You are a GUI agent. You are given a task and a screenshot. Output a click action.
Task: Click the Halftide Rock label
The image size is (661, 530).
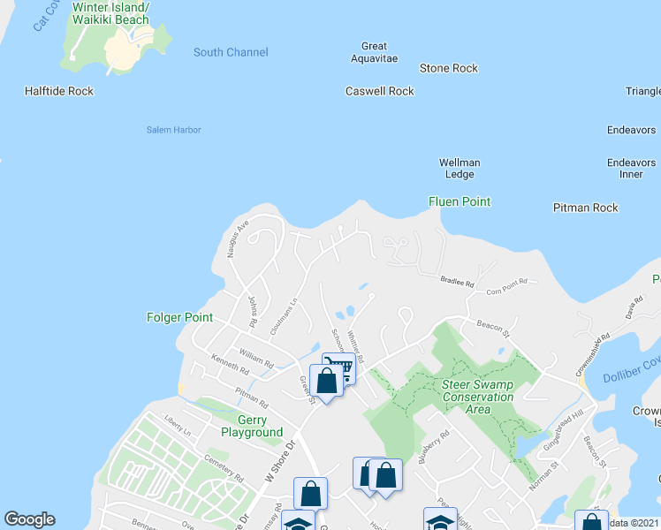[x=59, y=91]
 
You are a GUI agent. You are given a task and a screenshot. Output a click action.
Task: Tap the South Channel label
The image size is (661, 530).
[x=231, y=52]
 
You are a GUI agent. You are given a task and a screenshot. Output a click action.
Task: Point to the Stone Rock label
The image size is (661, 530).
[x=449, y=68]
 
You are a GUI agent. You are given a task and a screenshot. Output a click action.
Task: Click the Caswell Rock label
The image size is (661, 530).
[x=380, y=91]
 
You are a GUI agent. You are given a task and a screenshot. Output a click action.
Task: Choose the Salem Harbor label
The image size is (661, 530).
[x=173, y=130]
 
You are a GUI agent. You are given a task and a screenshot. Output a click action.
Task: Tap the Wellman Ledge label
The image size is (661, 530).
[x=460, y=169]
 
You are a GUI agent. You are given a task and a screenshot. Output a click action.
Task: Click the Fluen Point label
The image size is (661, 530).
[x=460, y=201]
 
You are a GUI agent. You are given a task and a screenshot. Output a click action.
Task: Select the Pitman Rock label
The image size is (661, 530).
[x=585, y=208]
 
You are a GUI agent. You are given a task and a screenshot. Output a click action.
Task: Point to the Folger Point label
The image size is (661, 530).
[x=180, y=316]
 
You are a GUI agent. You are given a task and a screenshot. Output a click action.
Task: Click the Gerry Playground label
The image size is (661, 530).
[x=248, y=427]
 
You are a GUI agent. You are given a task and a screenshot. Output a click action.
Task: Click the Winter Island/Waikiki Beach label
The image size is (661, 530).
[x=111, y=13]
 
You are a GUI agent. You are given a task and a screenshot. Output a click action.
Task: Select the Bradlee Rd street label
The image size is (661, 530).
[x=458, y=283]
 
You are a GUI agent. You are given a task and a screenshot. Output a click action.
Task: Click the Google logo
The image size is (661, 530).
[x=29, y=519]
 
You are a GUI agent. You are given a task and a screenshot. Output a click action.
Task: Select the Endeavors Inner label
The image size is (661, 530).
[x=631, y=168]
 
